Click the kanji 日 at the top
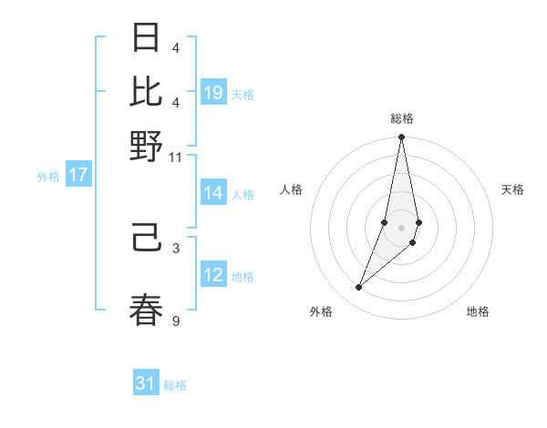(147, 37)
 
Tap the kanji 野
(147, 146)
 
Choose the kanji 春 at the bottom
(147, 309)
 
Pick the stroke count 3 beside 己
(176, 248)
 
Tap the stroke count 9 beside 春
(176, 320)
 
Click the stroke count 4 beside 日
(176, 47)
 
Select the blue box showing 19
(213, 93)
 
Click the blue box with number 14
(213, 193)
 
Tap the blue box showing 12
(213, 275)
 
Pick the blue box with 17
(77, 175)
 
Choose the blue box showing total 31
(146, 383)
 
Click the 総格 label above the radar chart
(402, 118)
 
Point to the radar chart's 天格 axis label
(512, 189)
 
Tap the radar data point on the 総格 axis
(401, 138)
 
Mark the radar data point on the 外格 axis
(358, 288)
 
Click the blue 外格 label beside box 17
(48, 177)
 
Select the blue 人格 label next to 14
(243, 194)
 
